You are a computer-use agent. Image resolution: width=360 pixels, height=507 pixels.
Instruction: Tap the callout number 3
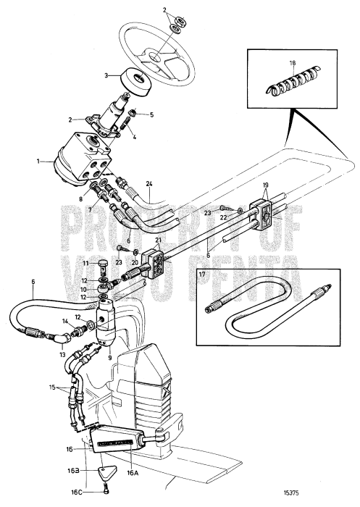point(105,75)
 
